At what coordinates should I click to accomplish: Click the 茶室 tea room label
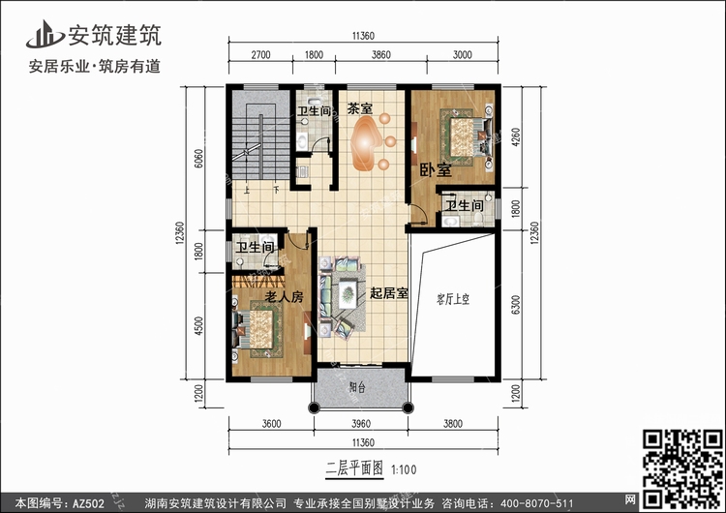(360, 108)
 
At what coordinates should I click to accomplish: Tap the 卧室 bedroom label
(436, 170)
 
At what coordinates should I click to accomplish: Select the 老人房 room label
(284, 296)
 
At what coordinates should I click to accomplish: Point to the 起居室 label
(388, 293)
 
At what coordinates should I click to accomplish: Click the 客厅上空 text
(452, 299)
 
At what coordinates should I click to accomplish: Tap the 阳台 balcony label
(357, 386)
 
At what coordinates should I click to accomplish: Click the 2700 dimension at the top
(260, 54)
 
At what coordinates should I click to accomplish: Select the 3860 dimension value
(381, 54)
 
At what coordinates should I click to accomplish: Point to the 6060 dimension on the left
(198, 159)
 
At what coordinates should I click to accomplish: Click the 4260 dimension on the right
(515, 137)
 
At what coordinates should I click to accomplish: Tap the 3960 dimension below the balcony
(361, 424)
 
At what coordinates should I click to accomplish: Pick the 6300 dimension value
(515, 305)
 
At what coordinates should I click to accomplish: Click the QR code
(682, 468)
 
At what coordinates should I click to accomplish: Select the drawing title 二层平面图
(354, 468)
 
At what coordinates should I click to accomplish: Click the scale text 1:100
(404, 470)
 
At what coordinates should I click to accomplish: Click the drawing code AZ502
(88, 503)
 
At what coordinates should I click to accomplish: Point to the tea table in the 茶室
(366, 142)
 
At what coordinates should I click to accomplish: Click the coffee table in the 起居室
(348, 293)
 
